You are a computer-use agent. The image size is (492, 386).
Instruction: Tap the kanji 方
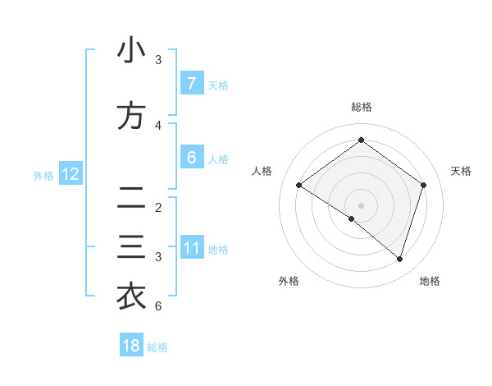coord(131,116)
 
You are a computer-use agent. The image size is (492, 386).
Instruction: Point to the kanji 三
coord(131,247)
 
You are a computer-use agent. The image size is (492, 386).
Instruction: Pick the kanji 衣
coord(131,296)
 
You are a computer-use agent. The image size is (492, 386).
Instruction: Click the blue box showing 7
coord(191,84)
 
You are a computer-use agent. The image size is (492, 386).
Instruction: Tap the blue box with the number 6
coord(191,158)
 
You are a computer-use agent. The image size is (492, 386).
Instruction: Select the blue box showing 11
coord(191,248)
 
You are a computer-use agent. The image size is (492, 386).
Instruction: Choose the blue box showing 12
coord(70,174)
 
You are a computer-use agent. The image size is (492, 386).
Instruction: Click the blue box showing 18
coord(131,346)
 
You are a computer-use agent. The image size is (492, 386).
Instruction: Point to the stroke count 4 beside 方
coord(158,126)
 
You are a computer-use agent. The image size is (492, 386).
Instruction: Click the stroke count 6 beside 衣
coord(158,306)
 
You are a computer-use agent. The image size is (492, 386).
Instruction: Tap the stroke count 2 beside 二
coord(158,208)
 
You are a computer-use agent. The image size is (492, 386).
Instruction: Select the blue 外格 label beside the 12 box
coord(43,175)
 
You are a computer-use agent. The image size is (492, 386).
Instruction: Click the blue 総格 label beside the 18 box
coord(157,347)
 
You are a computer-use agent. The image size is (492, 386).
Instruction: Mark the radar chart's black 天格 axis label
coord(462,171)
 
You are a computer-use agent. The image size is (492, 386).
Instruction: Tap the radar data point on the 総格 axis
coord(361,140)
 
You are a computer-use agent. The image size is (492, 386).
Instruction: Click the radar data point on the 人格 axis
coord(299,186)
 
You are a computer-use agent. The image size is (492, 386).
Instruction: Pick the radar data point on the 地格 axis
coord(399,259)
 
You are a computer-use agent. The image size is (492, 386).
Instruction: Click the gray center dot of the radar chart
coord(361,204)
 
